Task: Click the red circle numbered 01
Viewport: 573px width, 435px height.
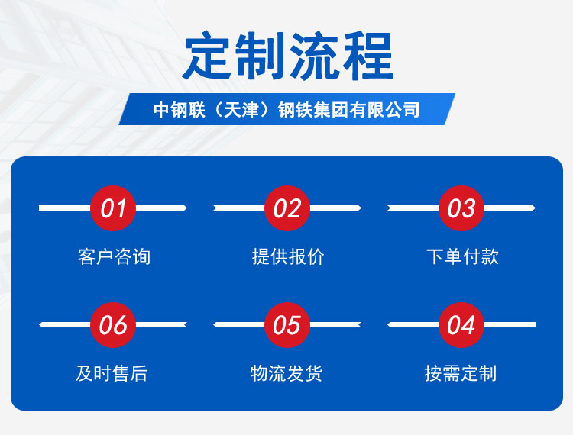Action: [113, 208]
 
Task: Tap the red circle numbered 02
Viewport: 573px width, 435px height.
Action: [287, 208]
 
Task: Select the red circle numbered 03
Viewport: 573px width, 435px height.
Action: [461, 208]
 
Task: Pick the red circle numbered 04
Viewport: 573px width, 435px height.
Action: [461, 325]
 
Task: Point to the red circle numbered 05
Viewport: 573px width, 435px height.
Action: [287, 325]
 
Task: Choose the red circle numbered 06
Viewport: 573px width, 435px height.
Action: [113, 325]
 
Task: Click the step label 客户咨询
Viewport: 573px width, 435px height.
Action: [114, 256]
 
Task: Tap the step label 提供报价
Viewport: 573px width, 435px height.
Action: [288, 256]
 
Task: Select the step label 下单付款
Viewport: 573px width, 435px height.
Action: [463, 256]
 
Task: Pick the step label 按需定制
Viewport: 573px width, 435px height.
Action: [461, 373]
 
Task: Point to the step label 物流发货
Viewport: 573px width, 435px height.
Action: [286, 373]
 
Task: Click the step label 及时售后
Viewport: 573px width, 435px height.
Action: [112, 373]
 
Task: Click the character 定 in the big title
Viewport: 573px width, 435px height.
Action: [207, 56]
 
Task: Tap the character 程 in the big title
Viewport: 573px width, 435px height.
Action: [368, 56]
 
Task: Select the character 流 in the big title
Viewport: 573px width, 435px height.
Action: [314, 56]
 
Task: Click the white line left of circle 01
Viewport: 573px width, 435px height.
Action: [65, 208]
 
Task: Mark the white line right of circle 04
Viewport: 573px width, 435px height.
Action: [510, 325]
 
